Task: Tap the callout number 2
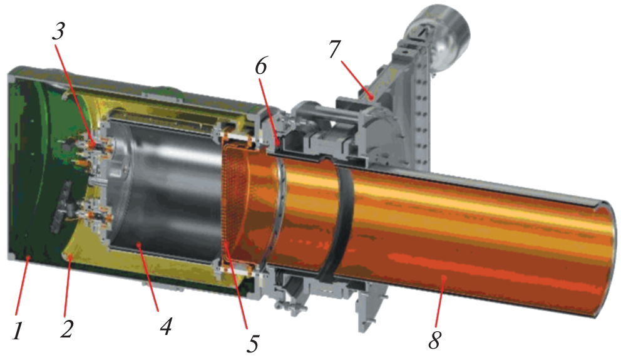point(66,328)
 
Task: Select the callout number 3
point(58,31)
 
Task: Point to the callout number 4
point(165,326)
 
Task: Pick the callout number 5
point(253,342)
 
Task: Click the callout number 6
point(262,66)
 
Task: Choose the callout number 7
point(335,49)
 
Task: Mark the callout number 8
point(434,339)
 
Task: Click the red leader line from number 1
point(22,284)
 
